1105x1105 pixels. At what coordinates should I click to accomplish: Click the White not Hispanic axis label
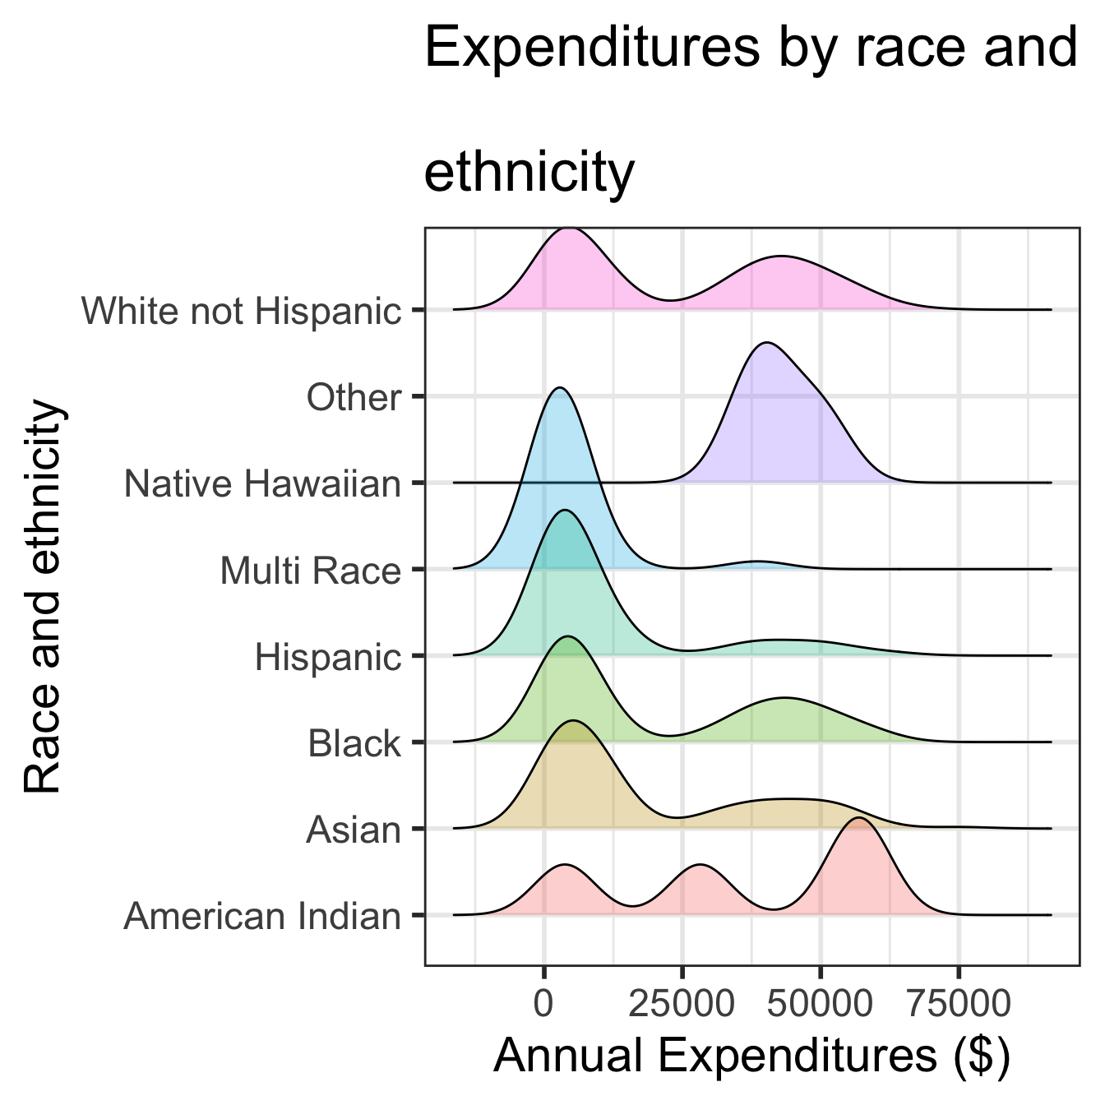[x=241, y=312]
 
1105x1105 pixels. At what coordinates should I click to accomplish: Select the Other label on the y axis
[x=354, y=398]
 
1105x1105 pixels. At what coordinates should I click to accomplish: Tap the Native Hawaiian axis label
[x=262, y=484]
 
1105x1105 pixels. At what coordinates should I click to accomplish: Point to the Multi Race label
[x=310, y=571]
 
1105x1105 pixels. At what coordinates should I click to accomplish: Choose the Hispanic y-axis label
[x=327, y=658]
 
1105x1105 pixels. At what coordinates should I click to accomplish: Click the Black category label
[x=354, y=744]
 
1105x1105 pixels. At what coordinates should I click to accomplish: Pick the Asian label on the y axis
[x=354, y=830]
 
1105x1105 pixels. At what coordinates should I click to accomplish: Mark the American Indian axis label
[x=262, y=917]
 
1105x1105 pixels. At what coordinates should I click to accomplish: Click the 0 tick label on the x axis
[x=543, y=1004]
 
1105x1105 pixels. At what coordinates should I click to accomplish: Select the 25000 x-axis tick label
[x=682, y=1004]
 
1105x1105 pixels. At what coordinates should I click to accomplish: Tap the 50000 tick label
[x=820, y=1004]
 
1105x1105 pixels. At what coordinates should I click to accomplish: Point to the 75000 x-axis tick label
[x=958, y=1004]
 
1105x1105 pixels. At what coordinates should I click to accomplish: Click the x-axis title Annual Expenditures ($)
[x=751, y=1056]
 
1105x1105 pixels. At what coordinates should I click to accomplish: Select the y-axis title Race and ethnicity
[x=43, y=596]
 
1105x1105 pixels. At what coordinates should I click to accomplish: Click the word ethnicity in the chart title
[x=529, y=172]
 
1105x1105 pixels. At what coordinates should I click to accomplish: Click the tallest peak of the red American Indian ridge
[x=858, y=819]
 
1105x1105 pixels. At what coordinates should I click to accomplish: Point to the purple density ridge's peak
[x=766, y=343]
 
